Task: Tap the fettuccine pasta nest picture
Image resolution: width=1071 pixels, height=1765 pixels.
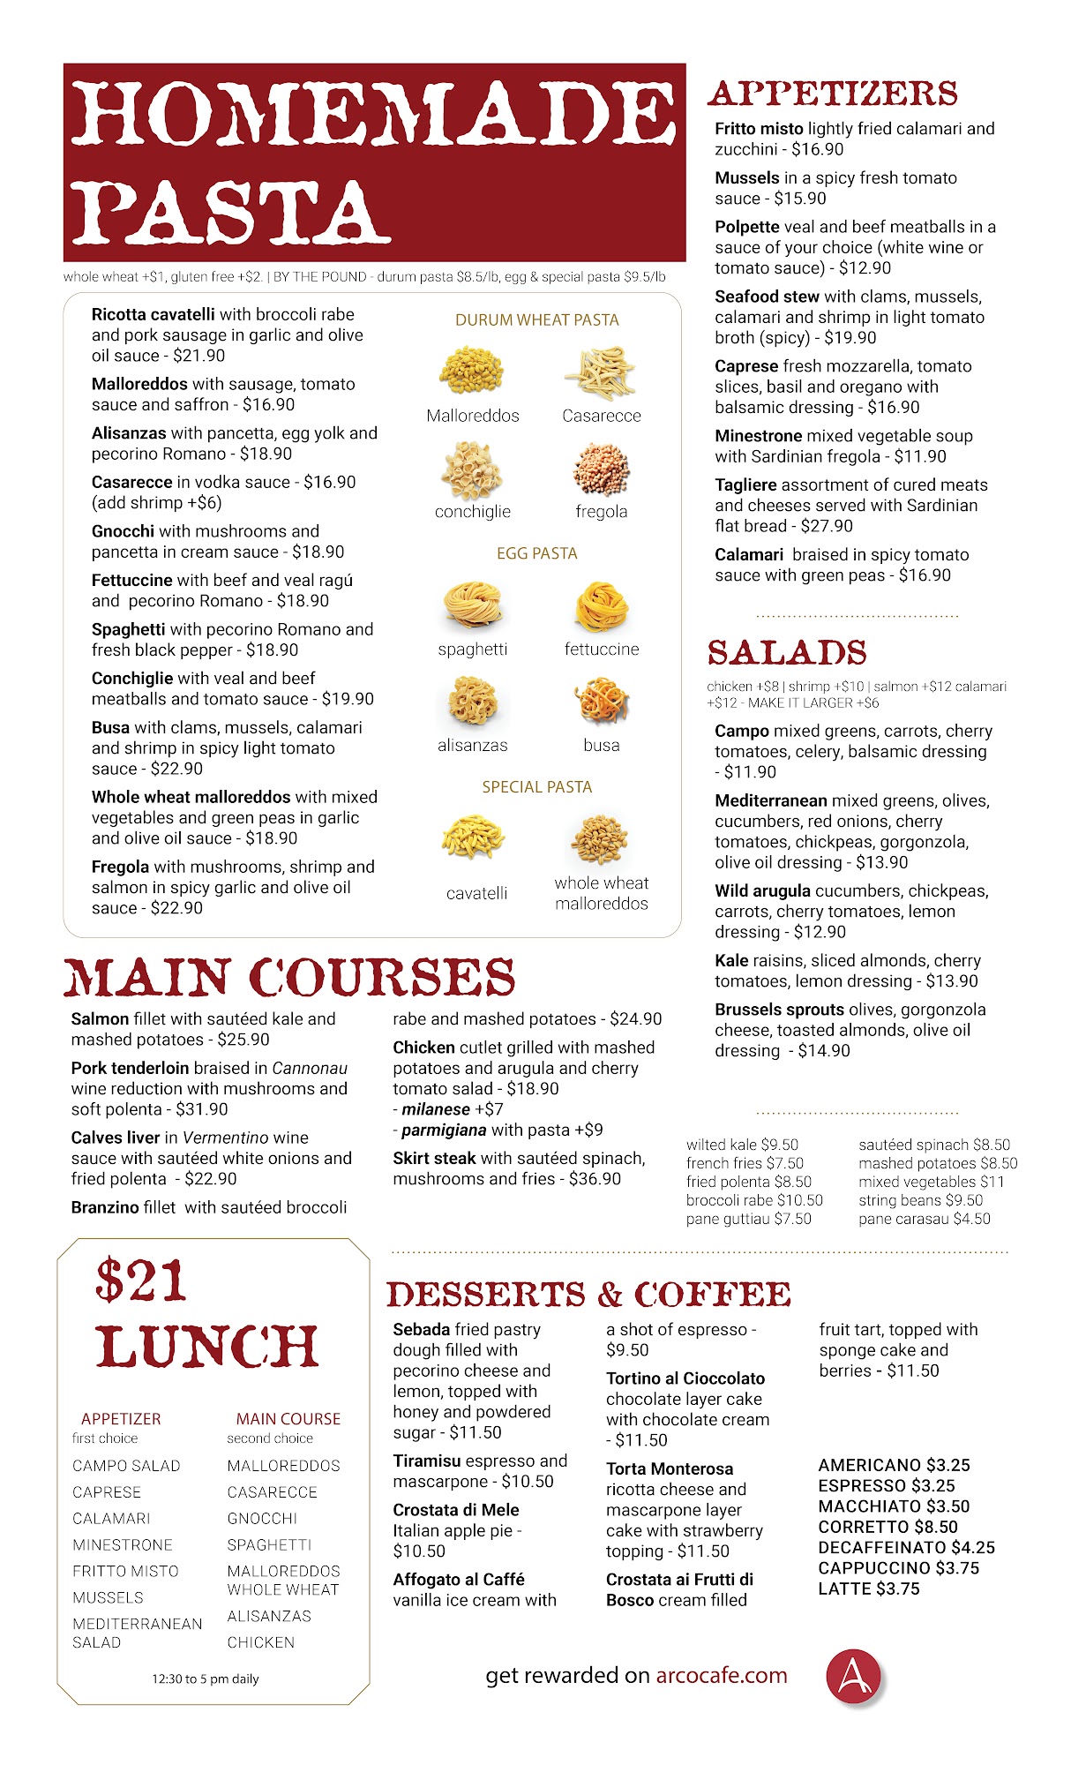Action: pyautogui.click(x=602, y=608)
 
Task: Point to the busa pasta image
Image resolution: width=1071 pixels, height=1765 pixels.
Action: pyautogui.click(x=602, y=701)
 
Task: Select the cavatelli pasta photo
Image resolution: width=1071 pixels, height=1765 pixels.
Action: pyautogui.click(x=474, y=838)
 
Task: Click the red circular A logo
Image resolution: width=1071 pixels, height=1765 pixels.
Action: pyautogui.click(x=853, y=1675)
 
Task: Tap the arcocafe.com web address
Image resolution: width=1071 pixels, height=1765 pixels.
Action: pyautogui.click(x=721, y=1675)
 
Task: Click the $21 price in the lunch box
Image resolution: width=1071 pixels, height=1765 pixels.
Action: pyautogui.click(x=141, y=1281)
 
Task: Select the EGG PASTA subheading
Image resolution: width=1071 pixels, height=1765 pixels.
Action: pyautogui.click(x=536, y=553)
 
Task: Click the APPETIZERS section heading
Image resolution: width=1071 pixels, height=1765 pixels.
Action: pyautogui.click(x=832, y=94)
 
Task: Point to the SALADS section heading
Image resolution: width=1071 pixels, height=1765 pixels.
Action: pyautogui.click(x=786, y=652)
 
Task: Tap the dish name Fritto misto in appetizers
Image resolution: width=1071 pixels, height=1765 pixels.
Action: pyautogui.click(x=759, y=129)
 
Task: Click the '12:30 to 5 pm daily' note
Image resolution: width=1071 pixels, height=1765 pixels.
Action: pyautogui.click(x=205, y=1679)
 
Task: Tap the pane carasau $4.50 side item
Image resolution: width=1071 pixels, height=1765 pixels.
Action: pyautogui.click(x=924, y=1219)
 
